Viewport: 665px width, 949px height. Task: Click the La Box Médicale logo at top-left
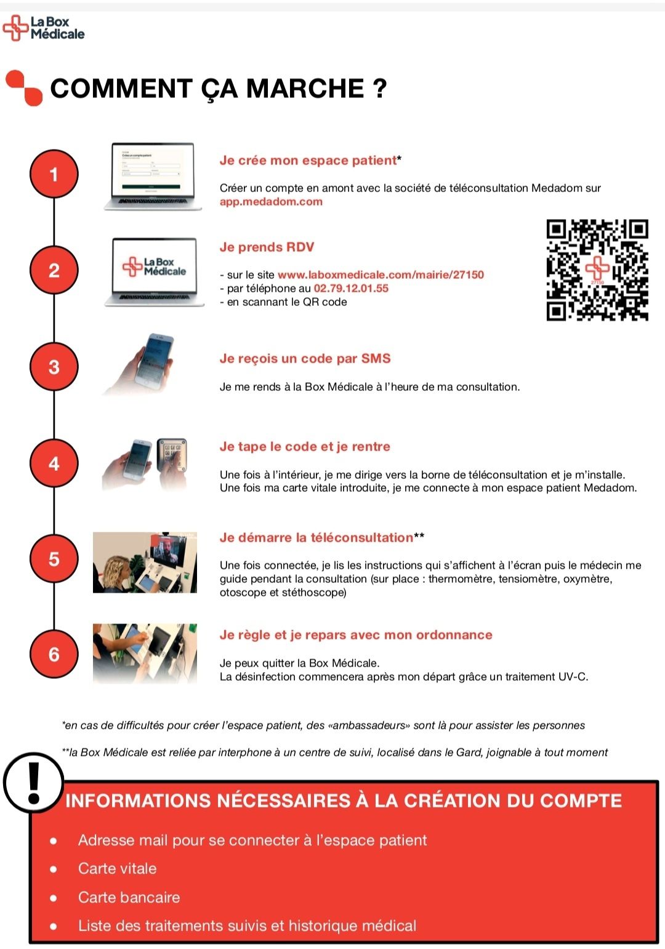pyautogui.click(x=43, y=28)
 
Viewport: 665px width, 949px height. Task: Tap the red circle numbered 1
pyautogui.click(x=54, y=174)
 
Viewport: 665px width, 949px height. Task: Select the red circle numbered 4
pyautogui.click(x=54, y=463)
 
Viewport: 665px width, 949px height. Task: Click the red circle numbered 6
pyautogui.click(x=54, y=654)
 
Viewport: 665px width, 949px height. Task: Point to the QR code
pyautogui.click(x=597, y=270)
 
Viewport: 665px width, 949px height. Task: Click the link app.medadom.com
pyautogui.click(x=271, y=202)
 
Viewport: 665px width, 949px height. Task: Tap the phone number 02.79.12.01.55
pyautogui.click(x=351, y=289)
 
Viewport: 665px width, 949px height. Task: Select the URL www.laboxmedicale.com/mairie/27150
pyautogui.click(x=381, y=274)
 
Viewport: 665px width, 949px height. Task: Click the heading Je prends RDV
pyautogui.click(x=267, y=247)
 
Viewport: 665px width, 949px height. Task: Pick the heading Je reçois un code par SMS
pyautogui.click(x=305, y=359)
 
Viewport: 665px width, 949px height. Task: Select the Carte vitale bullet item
pyautogui.click(x=118, y=868)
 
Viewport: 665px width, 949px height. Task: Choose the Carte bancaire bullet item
pyautogui.click(x=129, y=897)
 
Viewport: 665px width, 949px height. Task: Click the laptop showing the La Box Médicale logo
pyautogui.click(x=155, y=272)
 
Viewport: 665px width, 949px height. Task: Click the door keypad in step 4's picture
pyautogui.click(x=171, y=455)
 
